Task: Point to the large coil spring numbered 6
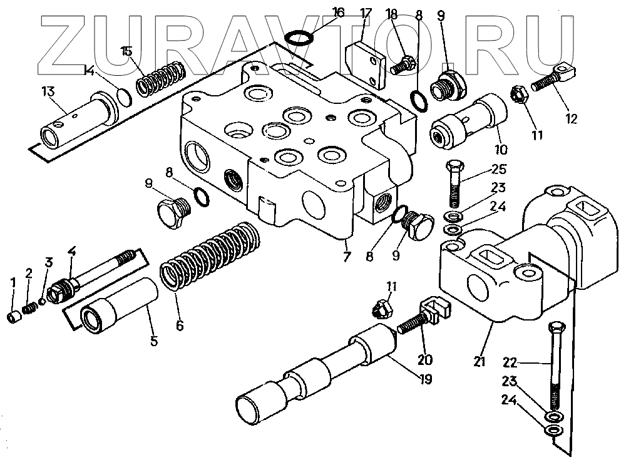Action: click(210, 256)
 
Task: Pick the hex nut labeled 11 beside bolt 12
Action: click(520, 95)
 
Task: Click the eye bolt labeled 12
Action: click(553, 78)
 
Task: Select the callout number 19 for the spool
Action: click(426, 379)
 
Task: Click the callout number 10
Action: click(500, 150)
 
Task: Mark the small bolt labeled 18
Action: click(403, 64)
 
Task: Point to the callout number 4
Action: click(72, 252)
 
